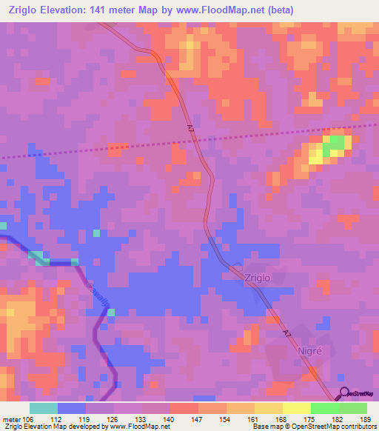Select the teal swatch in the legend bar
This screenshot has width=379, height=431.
click(x=44, y=408)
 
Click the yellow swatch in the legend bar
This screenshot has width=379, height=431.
click(x=297, y=408)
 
